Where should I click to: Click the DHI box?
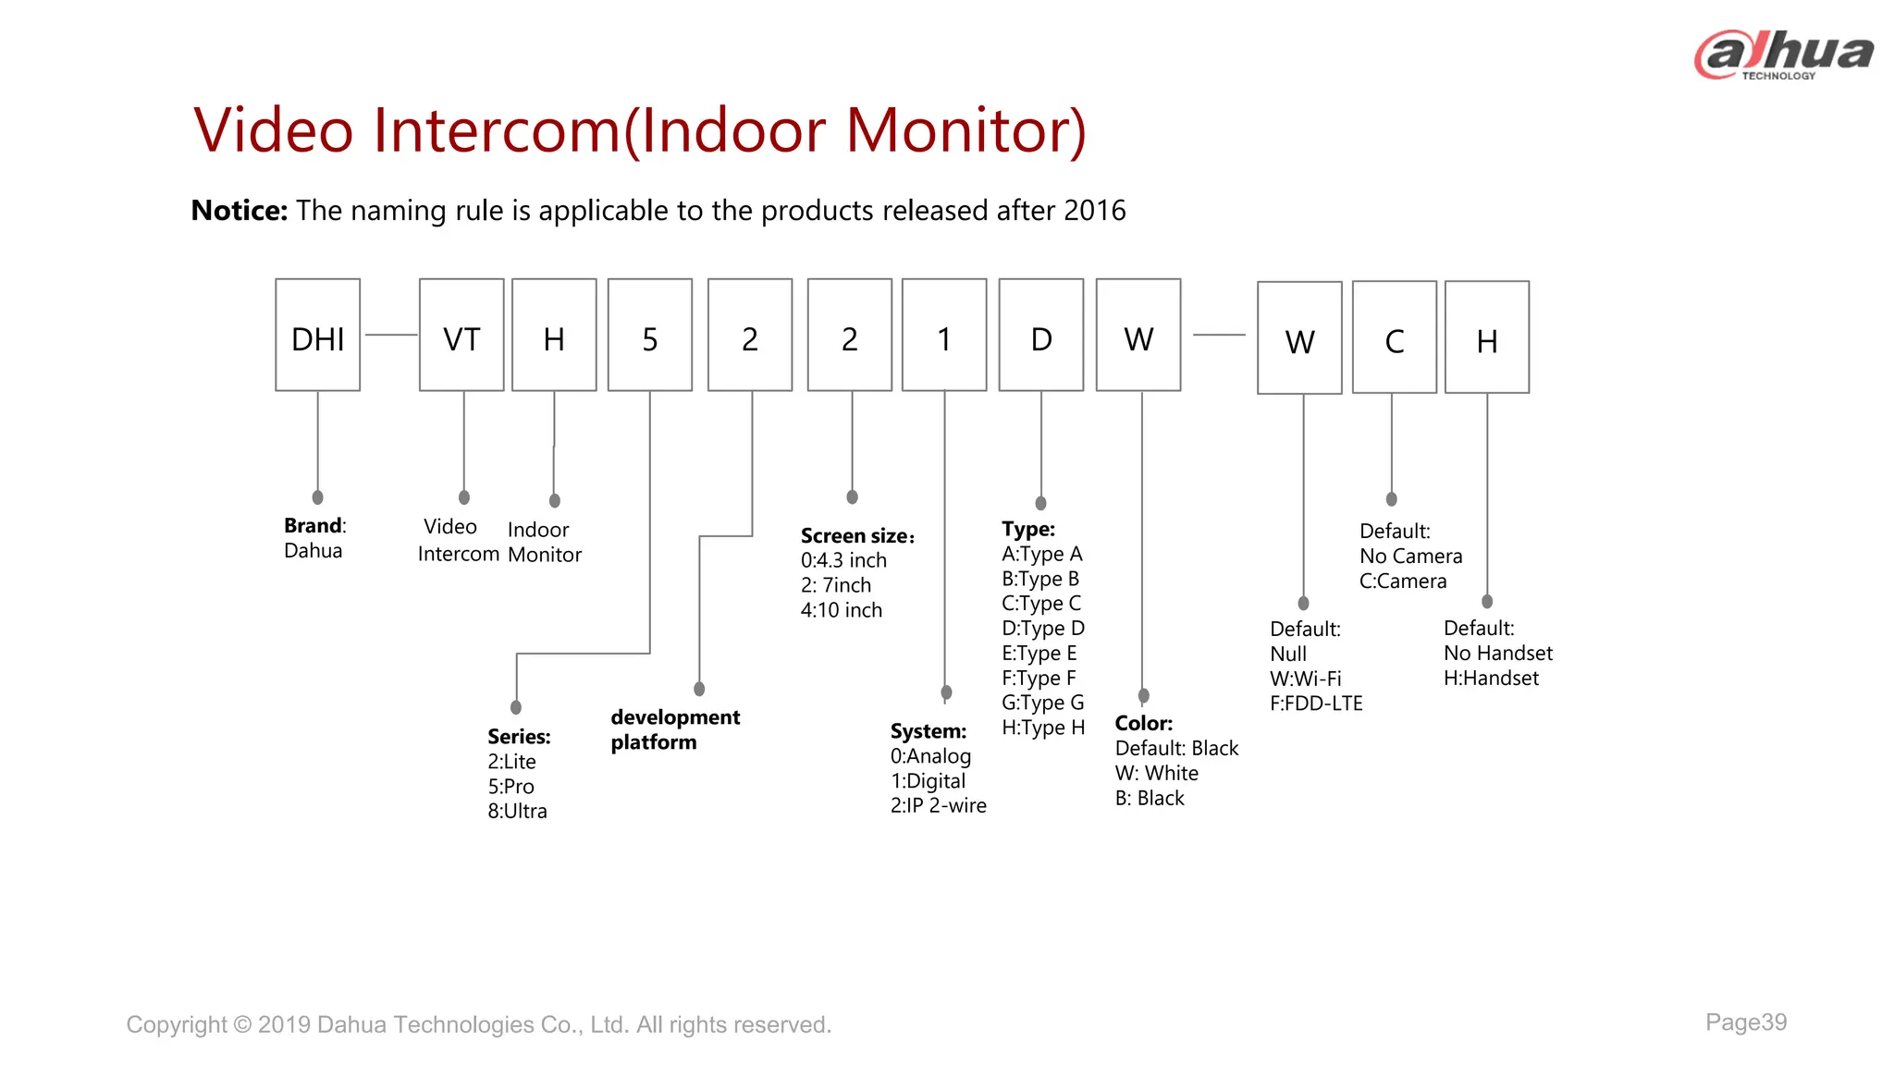(317, 335)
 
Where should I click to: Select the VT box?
(461, 335)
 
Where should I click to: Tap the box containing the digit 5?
(649, 335)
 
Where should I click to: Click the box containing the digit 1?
(943, 335)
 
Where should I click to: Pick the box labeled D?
(1040, 335)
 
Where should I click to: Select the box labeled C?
(1394, 337)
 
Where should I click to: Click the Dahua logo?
(1783, 55)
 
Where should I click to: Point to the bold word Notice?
(240, 211)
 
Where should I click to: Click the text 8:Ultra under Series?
(517, 811)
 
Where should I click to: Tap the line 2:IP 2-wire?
(938, 805)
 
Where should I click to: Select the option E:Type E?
(1039, 653)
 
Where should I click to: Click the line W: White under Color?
(1156, 773)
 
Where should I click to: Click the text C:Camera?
(1402, 581)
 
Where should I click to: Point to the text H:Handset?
(1491, 678)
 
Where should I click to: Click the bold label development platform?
(674, 729)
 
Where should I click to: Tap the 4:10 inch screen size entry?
(841, 610)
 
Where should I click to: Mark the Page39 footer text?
(1745, 1022)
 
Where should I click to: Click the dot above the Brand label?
(317, 497)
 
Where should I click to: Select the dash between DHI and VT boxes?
(390, 335)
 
